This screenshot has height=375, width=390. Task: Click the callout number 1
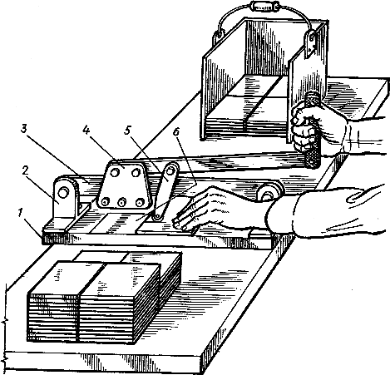pos(19,213)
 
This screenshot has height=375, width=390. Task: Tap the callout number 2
pos(25,171)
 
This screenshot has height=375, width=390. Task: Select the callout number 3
pos(24,130)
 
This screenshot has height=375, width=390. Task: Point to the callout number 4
pos(86,131)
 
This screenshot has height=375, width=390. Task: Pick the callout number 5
pos(126,131)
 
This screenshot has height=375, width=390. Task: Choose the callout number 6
pos(176,132)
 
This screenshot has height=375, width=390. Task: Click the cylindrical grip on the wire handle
pos(263,6)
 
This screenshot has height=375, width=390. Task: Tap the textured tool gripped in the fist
pos(313,131)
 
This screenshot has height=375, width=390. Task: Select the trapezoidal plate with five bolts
pos(122,185)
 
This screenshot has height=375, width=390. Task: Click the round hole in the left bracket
pos(63,193)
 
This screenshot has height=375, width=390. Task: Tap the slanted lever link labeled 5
pos(165,191)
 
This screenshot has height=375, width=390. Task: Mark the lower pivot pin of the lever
pos(157,217)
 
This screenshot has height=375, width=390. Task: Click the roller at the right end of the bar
pos(267,194)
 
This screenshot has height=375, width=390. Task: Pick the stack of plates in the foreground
pos(104,297)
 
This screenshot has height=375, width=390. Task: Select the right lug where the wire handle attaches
pos(312,44)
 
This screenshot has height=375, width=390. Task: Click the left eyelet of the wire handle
pos(218,36)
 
